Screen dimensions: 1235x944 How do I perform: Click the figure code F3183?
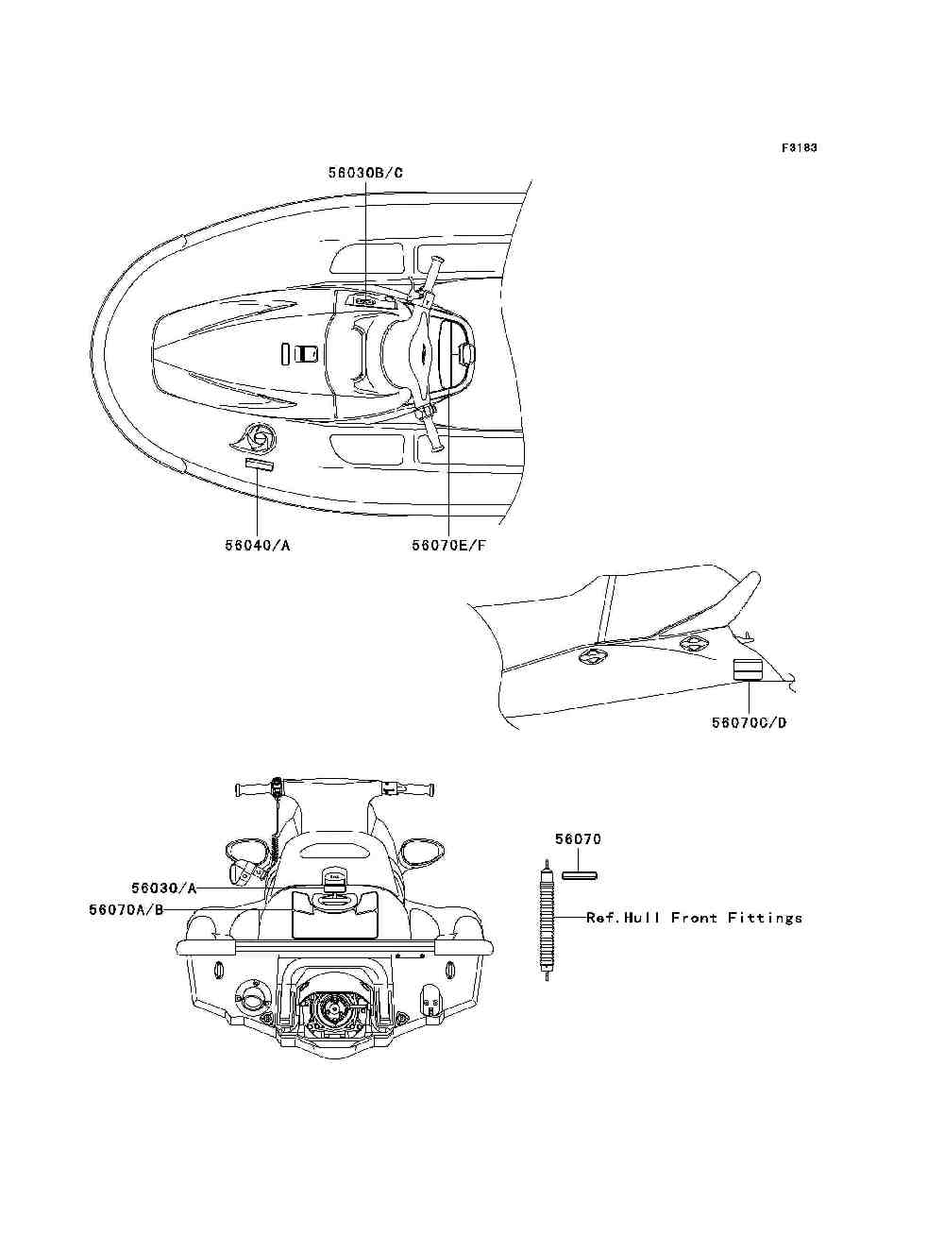tap(799, 148)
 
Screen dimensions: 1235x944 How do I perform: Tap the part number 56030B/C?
tap(365, 173)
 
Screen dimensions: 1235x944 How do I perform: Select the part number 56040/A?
tap(257, 545)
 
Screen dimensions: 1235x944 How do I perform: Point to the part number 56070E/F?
tap(448, 545)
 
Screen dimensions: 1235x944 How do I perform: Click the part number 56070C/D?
tap(749, 722)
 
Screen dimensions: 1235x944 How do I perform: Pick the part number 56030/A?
tap(164, 888)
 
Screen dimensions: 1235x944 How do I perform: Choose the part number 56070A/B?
tap(126, 909)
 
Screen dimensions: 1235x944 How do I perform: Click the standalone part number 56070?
tap(578, 838)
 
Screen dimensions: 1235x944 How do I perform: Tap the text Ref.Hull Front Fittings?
tap(694, 917)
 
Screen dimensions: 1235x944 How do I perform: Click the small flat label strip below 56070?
tap(579, 875)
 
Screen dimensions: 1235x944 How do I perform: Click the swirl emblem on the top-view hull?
tap(257, 439)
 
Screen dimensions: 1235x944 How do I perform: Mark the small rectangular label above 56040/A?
tap(258, 465)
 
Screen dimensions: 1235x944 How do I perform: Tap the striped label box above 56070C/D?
tap(748, 669)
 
